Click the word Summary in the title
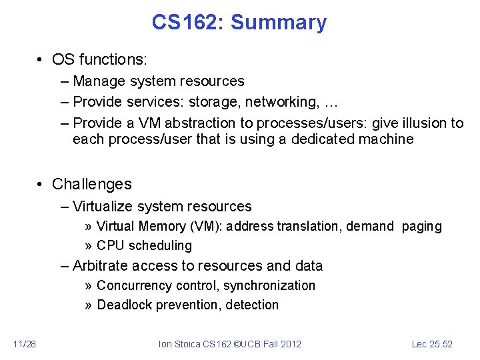tap(279, 23)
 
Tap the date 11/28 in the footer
tap(25, 344)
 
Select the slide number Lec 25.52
tap(432, 344)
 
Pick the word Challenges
tap(92, 184)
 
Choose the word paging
tap(421, 227)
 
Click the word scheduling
tap(160, 246)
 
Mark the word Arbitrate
tap(101, 266)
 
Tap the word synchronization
tap(269, 286)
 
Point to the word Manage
tap(97, 81)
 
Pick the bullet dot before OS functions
tap(41, 59)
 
